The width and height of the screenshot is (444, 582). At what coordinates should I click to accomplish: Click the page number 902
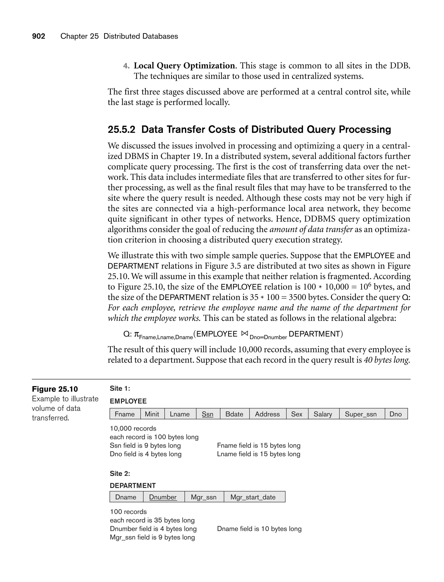click(39, 36)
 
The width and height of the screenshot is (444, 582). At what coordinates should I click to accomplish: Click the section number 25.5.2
click(121, 129)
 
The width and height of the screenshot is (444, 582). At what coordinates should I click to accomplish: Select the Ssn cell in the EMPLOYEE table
click(208, 414)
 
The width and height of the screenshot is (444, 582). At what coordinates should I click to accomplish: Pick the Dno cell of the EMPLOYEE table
click(396, 414)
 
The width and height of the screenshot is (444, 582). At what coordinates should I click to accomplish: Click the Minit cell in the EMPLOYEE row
click(152, 414)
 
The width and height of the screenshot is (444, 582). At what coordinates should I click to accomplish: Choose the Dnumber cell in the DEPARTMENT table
click(163, 497)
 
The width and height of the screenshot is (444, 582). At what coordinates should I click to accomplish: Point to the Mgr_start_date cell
click(253, 497)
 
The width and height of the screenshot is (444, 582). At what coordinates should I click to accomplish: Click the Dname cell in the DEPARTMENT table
click(126, 497)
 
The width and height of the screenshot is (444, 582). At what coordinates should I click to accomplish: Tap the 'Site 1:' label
click(120, 388)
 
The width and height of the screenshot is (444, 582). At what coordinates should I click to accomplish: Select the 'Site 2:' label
click(120, 473)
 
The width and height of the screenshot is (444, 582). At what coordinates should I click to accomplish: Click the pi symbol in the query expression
click(136, 334)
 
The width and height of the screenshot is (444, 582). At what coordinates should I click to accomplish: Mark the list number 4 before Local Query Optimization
click(126, 66)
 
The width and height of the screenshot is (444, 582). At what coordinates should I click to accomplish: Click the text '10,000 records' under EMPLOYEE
click(133, 428)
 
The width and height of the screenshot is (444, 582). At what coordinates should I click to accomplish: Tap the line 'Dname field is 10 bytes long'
click(259, 529)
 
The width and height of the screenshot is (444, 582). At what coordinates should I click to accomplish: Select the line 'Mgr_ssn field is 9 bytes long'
click(152, 537)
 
